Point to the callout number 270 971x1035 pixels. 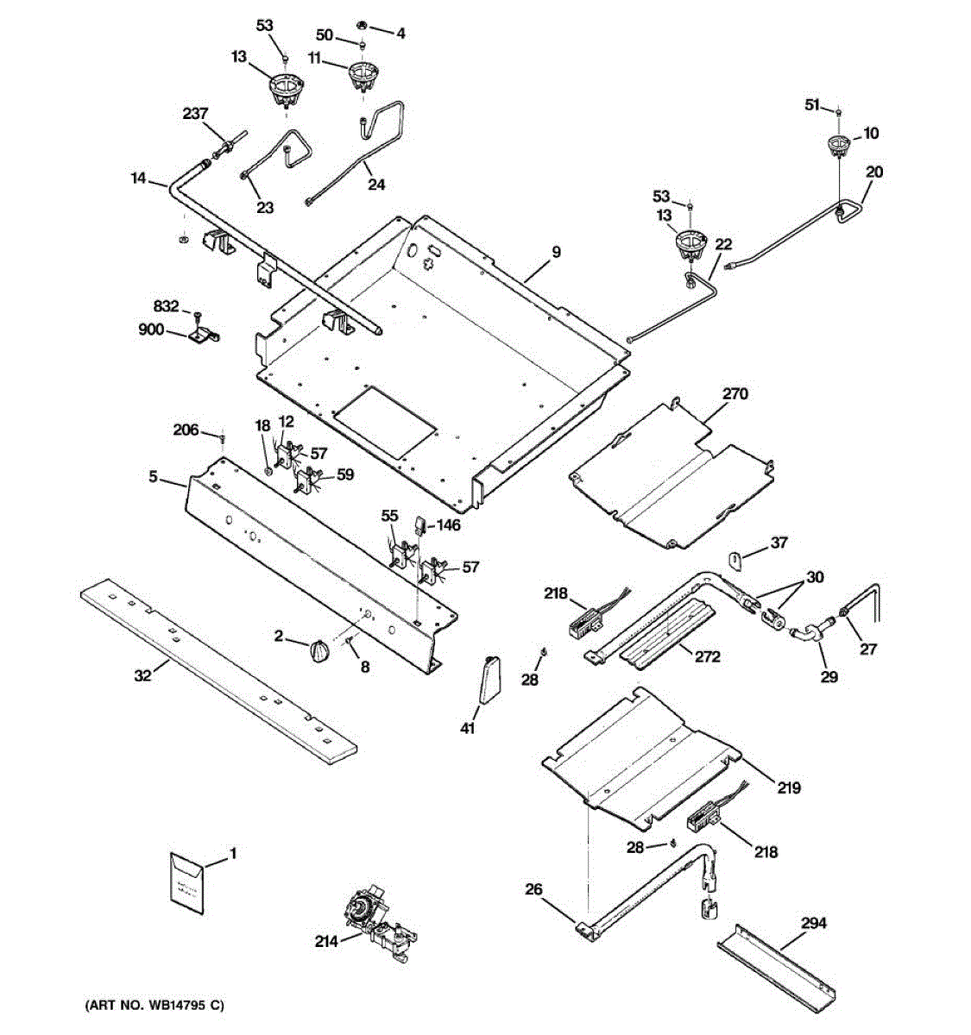735,394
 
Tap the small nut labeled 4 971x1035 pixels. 361,24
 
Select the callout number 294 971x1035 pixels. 813,924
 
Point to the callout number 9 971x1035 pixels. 556,252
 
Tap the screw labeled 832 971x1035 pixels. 198,316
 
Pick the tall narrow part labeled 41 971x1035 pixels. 489,681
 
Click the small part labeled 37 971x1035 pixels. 735,561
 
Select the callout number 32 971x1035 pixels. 142,675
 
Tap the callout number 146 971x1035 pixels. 449,524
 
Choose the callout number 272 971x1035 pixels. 707,656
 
